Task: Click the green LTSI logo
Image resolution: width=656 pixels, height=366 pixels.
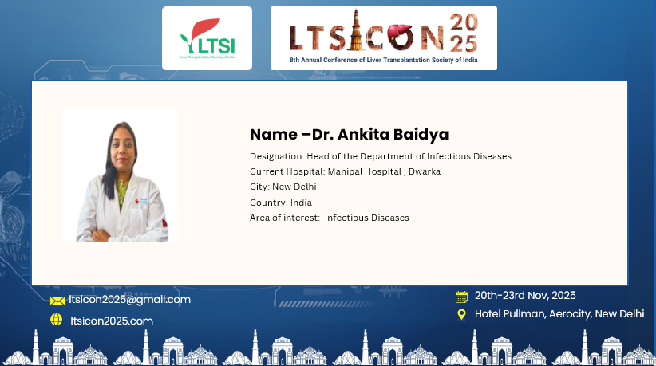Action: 207,38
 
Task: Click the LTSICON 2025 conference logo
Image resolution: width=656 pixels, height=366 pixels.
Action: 384,37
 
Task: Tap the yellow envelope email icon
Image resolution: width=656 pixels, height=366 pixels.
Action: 57,301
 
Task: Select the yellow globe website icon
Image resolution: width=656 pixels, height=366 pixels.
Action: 56,320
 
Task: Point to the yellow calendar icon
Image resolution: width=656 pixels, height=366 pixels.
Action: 461,297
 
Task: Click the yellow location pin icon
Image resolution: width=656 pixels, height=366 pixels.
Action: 461,314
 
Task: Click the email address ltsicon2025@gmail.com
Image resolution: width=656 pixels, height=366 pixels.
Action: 130,300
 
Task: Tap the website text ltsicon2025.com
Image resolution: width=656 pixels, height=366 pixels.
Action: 112,321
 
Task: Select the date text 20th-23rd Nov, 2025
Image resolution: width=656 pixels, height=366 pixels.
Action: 525,295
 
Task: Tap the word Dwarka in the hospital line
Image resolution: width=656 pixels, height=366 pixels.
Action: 425,171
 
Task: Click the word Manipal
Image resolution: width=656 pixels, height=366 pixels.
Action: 343,171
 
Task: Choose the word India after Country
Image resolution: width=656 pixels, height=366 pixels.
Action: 301,203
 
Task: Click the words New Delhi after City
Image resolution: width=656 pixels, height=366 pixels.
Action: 294,187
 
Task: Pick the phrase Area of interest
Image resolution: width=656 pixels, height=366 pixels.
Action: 284,218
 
